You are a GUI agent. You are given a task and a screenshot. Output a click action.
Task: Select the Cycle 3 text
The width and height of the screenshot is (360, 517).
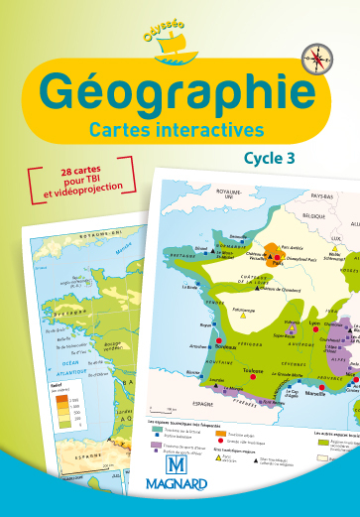click(x=271, y=156)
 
